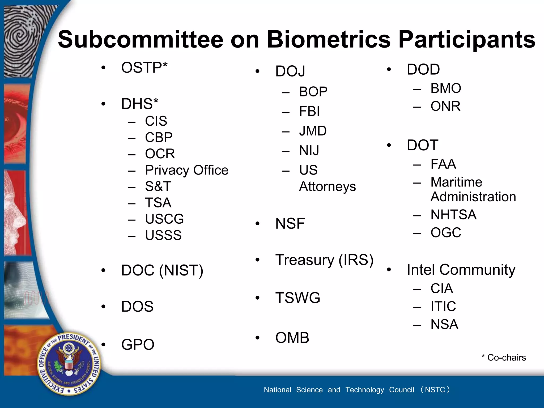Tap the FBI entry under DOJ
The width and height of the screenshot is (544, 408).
pos(309,111)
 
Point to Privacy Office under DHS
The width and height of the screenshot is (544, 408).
pos(186,170)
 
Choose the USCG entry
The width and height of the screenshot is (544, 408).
pos(164,219)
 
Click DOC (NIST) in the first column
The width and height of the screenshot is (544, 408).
pos(162,270)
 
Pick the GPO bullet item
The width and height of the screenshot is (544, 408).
pos(138,345)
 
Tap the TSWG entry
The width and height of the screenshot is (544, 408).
pos(297,298)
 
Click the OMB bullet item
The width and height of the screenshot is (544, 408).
pos(292,338)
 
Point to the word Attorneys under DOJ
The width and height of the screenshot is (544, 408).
pos(327,186)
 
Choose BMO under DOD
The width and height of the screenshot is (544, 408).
pos(445,88)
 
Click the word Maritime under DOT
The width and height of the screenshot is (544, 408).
pos(456,182)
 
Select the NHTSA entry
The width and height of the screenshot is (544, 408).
pos(453,215)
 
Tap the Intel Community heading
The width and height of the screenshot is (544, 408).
pos(461,270)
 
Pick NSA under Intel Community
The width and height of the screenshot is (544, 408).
pos(444,324)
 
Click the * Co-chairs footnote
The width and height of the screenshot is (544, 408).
pos(504,358)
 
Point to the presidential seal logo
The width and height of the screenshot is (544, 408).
pos(69,364)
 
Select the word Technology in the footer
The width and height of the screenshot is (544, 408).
pos(364,390)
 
